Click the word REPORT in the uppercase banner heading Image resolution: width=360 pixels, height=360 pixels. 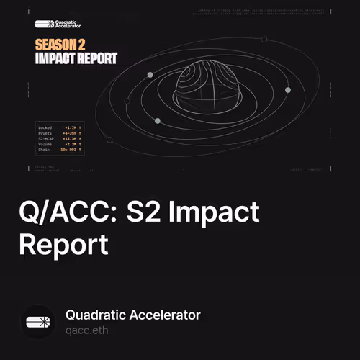pos(95,59)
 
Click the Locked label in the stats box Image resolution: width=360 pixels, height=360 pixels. pos(44,127)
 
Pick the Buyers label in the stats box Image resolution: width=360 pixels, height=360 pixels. pos(44,132)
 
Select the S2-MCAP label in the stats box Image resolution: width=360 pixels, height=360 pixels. pos(45,138)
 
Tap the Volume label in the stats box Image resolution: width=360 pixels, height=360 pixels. pos(44,144)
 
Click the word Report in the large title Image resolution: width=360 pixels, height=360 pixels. pos(63,244)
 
